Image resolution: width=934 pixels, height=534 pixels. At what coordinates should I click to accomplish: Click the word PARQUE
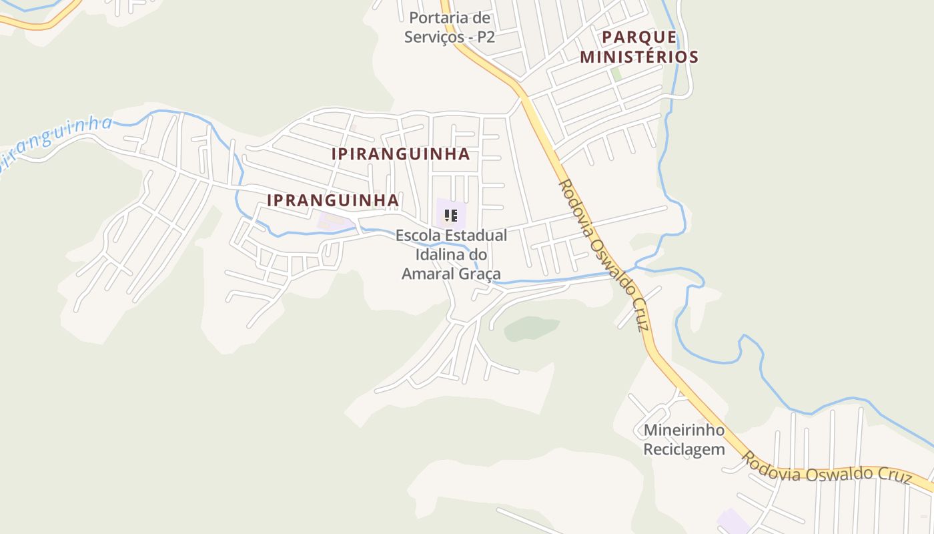coord(639,37)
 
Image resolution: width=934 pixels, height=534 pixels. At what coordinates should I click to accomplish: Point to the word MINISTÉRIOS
coord(639,57)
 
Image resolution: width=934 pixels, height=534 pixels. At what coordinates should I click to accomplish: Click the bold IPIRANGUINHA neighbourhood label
coord(401,154)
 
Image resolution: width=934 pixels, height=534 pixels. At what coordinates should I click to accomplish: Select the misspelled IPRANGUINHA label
coord(333,200)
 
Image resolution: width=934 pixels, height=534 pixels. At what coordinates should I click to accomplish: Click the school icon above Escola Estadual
coord(451,215)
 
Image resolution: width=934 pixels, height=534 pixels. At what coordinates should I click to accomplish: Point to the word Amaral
coord(428,274)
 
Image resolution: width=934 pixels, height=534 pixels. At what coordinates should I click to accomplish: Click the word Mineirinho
coord(684,430)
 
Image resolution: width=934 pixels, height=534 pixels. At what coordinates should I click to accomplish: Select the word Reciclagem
coord(684,449)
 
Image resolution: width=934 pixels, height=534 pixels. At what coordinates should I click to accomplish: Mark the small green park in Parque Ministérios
coord(616,74)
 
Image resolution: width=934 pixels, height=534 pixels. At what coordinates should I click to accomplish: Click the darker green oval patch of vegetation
coord(531,328)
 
